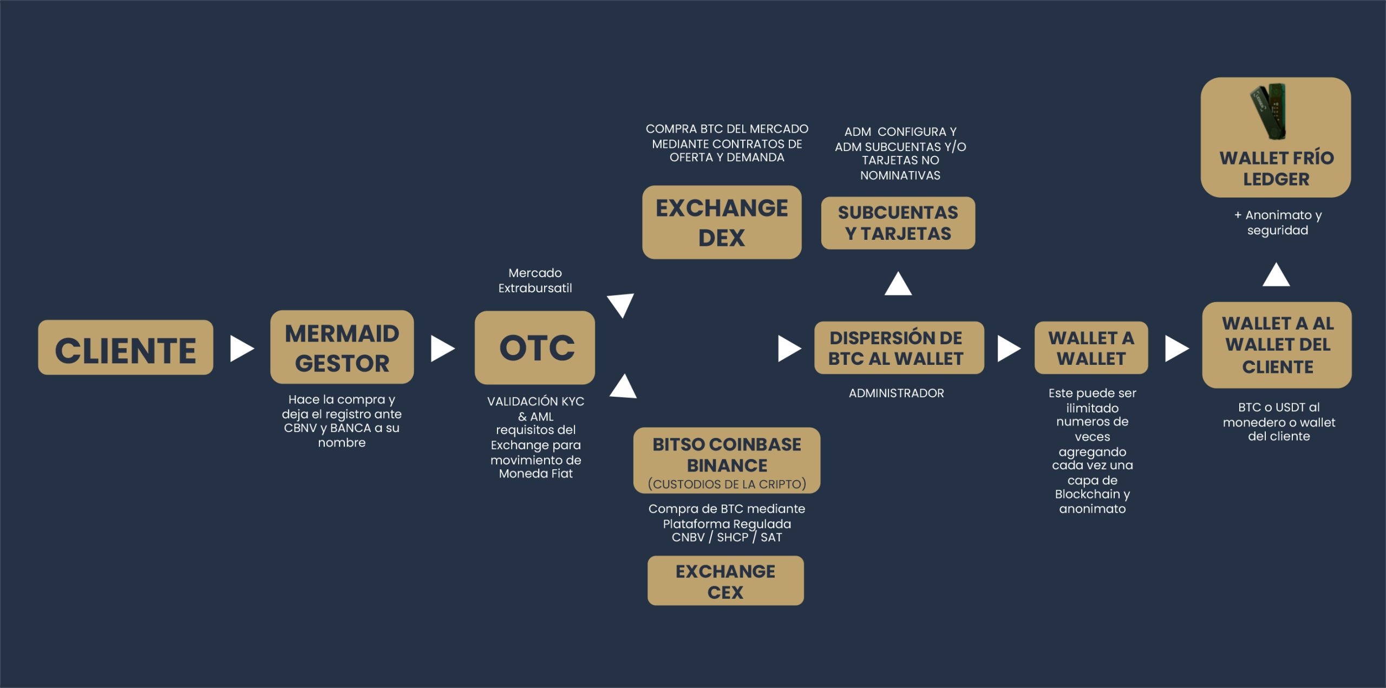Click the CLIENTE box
click(x=126, y=348)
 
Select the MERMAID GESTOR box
click(x=342, y=347)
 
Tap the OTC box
click(x=535, y=348)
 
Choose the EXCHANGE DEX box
click(x=722, y=222)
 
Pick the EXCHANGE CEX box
click(x=725, y=581)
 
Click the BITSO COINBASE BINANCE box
click(x=727, y=460)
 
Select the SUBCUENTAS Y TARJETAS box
click(x=898, y=223)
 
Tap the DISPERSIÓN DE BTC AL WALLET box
click(x=899, y=348)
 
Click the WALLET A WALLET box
click(x=1091, y=348)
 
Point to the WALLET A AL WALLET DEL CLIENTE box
click(x=1277, y=345)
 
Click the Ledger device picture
click(x=1270, y=111)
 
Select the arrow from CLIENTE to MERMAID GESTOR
click(x=241, y=348)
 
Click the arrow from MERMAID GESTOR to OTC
click(x=442, y=348)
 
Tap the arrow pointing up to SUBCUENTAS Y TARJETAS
click(x=898, y=284)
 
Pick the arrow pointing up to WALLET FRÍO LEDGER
click(x=1276, y=275)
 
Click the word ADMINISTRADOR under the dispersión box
click(x=896, y=394)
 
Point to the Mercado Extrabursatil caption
click(x=535, y=280)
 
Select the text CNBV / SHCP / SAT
click(x=727, y=538)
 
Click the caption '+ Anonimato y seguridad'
click(x=1278, y=222)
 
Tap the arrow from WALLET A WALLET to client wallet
click(x=1176, y=348)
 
